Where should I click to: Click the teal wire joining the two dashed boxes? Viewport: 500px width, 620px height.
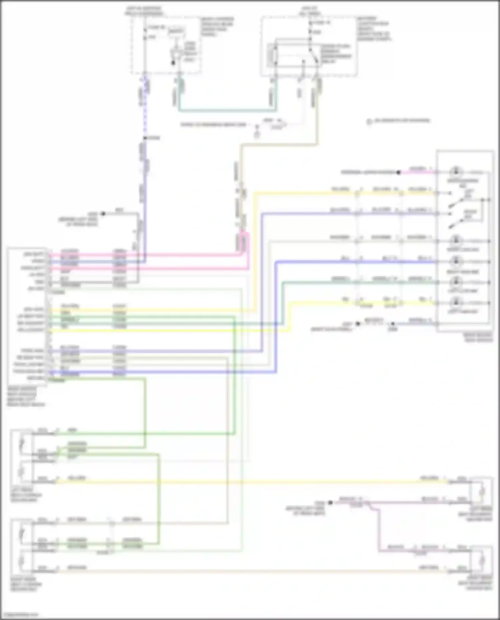[227, 110]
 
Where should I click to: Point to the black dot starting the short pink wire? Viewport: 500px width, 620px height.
[398, 172]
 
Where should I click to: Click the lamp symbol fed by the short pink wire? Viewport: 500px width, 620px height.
[456, 172]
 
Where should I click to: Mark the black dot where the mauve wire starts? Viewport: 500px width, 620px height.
[330, 503]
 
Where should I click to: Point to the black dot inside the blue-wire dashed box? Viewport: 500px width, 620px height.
[173, 63]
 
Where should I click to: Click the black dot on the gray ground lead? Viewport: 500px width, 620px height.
[103, 214]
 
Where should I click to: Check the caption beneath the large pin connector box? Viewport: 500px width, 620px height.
[25, 396]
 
